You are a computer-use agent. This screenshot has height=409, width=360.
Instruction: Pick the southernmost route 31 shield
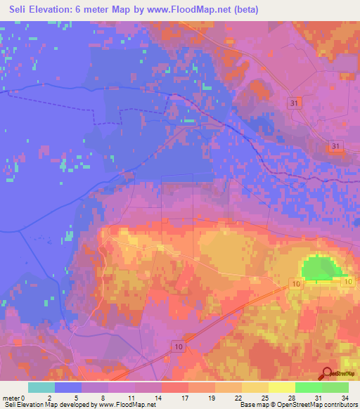coord(336,145)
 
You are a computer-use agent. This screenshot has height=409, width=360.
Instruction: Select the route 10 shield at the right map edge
coord(347,282)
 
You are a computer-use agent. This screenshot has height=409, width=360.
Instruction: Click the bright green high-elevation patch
coord(319,268)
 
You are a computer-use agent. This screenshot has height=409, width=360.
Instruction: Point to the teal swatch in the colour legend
coord(41,387)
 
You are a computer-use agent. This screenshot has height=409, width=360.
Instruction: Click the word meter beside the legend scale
coord(12,398)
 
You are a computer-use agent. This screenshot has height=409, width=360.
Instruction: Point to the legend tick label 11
coord(132,398)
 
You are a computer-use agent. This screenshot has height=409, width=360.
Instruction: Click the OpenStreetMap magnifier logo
coord(327,374)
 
